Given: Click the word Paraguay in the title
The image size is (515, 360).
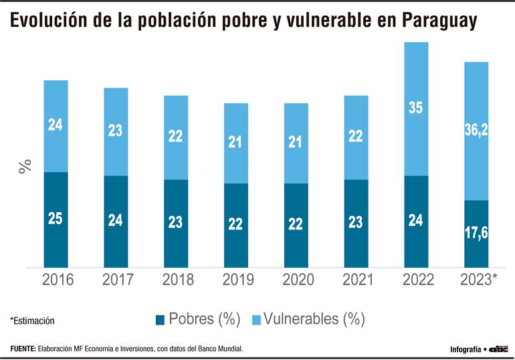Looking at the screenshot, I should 440,22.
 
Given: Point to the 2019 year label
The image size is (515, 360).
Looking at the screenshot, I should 235,280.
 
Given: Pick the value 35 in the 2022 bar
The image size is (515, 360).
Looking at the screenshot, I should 415,107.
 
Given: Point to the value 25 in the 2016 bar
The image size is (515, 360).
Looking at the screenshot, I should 56,218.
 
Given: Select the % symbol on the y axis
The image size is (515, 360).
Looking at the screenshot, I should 25,167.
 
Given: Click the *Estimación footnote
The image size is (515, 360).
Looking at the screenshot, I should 32,321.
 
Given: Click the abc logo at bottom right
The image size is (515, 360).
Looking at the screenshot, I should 499,349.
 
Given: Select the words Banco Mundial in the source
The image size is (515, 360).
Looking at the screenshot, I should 221,349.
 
